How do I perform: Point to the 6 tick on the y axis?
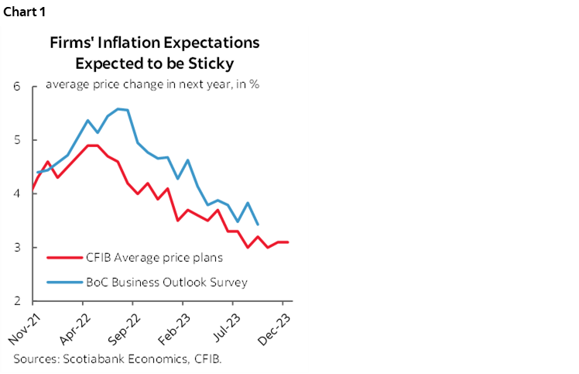point(16,87)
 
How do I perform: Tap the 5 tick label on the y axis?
point(16,140)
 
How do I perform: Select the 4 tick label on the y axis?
point(16,194)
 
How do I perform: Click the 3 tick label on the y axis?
point(16,248)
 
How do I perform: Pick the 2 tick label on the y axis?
point(16,301)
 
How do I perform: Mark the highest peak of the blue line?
point(118,108)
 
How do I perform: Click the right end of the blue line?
point(257,225)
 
